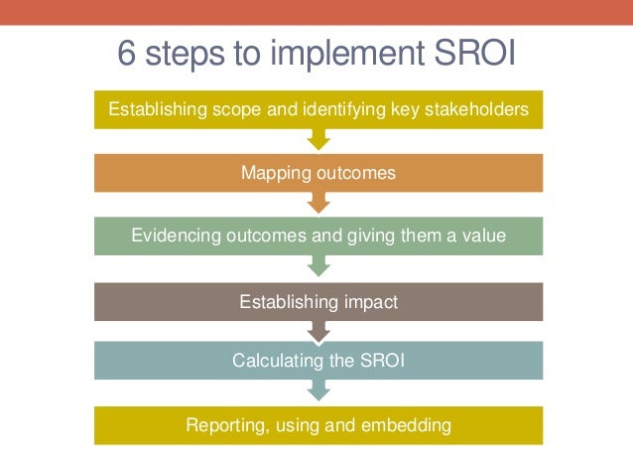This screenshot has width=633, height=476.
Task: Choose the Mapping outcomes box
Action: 318,173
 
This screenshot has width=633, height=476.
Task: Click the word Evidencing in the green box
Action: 176,236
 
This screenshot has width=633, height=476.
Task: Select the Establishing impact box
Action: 318,302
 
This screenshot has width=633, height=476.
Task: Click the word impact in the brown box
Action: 367,302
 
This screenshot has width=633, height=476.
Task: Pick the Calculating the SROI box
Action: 318,361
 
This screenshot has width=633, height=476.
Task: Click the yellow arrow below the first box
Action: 318,140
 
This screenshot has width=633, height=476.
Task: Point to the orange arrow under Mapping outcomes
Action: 318,204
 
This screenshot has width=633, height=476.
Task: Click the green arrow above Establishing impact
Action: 318,267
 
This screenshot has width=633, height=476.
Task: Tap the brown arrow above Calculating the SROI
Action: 318,330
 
